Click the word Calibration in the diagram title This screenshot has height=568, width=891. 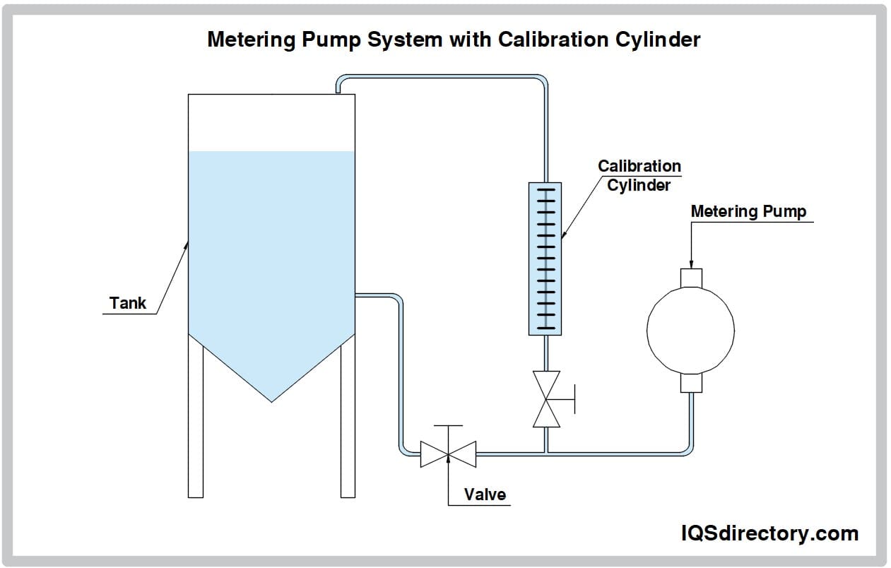(553, 40)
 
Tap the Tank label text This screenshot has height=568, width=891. (128, 303)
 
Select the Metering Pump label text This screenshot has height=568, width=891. (748, 211)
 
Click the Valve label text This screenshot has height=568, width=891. (485, 495)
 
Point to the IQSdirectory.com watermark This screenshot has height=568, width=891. (769, 533)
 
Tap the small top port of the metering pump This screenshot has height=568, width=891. (691, 278)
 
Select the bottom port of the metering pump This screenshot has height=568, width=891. (691, 383)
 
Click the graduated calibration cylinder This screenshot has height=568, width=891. (545, 259)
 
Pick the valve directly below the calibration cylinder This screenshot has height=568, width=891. (546, 399)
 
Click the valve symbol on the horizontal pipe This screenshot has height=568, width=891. (448, 454)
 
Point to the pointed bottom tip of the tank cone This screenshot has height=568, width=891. (271, 402)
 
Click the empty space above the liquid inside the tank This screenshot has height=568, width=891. (271, 122)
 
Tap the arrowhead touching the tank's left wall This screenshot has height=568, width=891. (186, 245)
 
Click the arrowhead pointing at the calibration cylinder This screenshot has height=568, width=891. (564, 235)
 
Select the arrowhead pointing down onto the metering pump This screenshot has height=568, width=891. (691, 264)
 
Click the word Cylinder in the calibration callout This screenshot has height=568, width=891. (639, 185)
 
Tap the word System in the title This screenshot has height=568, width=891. (405, 40)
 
